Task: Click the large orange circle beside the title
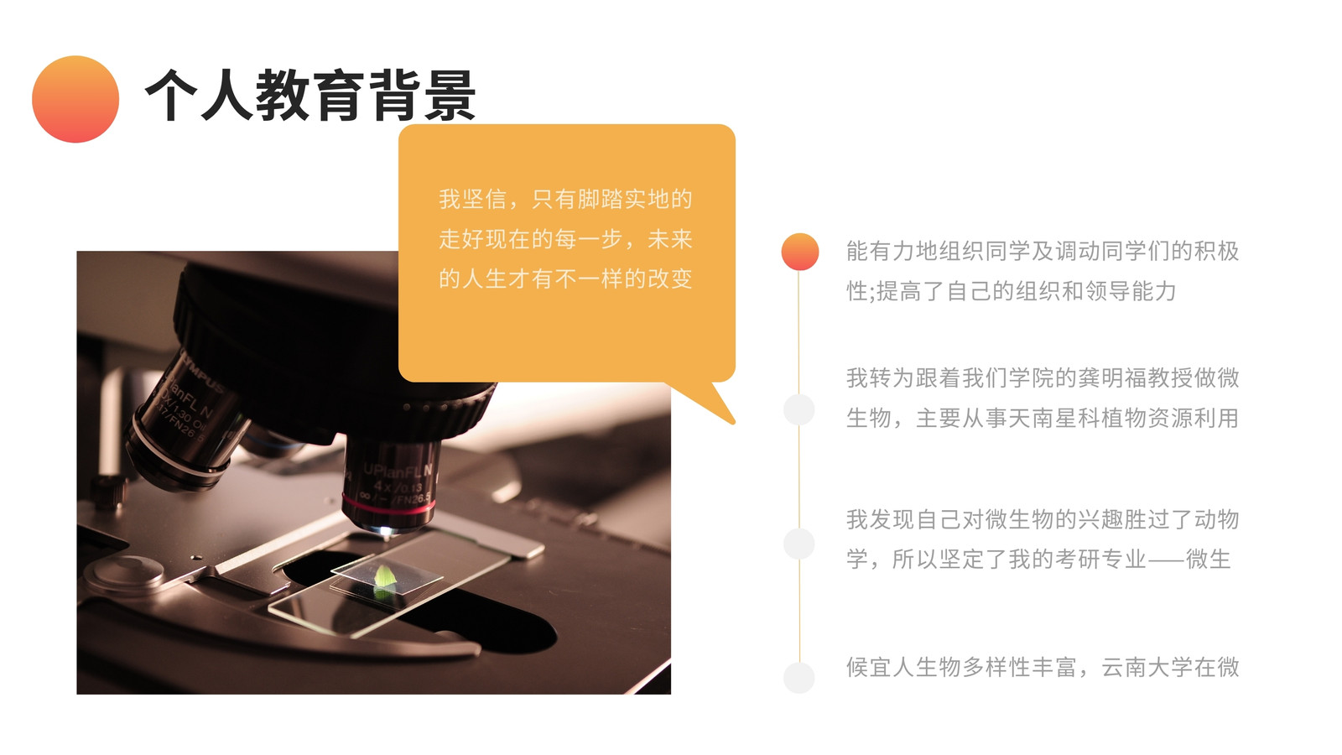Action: tap(75, 100)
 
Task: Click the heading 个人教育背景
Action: tap(310, 96)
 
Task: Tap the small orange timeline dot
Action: tap(800, 252)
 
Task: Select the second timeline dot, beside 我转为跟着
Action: tap(799, 410)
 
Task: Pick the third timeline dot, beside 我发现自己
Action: tap(799, 544)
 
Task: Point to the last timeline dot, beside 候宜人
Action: tap(799, 678)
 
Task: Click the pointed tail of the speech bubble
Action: tap(733, 423)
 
